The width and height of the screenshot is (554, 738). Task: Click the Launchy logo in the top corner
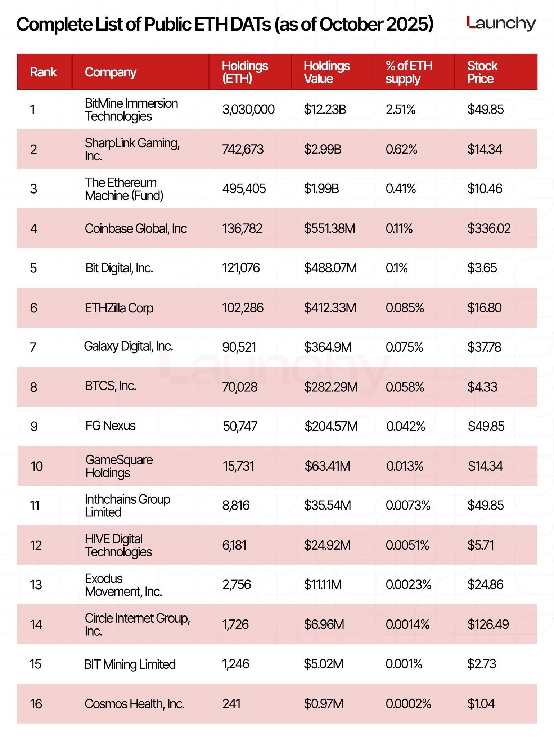501,23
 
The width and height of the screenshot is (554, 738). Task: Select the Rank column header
43,72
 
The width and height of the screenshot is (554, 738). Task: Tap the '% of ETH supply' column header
409,72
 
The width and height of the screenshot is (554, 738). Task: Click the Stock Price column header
482,72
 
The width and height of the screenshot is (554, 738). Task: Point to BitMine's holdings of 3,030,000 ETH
248,109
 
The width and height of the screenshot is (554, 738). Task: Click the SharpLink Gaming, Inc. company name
132,149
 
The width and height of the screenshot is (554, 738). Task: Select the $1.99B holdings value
321,188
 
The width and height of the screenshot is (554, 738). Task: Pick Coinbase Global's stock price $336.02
489,228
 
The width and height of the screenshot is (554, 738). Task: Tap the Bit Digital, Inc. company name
119,268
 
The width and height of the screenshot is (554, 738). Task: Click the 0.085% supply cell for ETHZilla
405,308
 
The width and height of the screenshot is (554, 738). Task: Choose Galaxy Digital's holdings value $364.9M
327,347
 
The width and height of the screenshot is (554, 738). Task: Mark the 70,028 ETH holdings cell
240,387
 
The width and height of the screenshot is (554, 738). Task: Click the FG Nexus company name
111,426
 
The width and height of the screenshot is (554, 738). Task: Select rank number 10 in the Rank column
37,466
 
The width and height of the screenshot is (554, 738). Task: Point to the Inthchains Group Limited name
127,506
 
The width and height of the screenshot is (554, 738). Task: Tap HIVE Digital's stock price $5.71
480,545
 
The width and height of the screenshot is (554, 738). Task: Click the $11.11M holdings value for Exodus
323,584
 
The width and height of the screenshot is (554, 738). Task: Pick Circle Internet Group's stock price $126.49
488,624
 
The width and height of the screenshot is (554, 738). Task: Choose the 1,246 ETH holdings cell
236,664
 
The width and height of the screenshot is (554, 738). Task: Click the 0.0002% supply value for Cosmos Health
408,704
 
